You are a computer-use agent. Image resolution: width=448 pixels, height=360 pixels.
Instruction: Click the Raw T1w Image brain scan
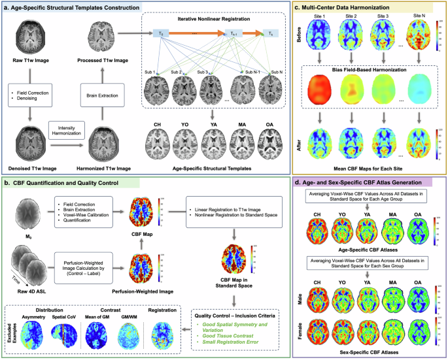coord(31,37)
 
